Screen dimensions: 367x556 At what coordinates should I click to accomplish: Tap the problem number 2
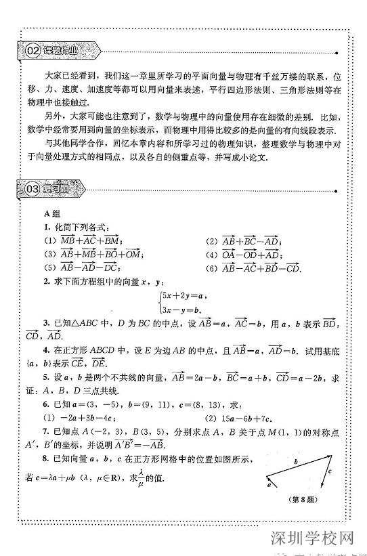tap(46, 280)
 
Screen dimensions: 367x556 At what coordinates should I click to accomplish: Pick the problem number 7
tap(46, 429)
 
